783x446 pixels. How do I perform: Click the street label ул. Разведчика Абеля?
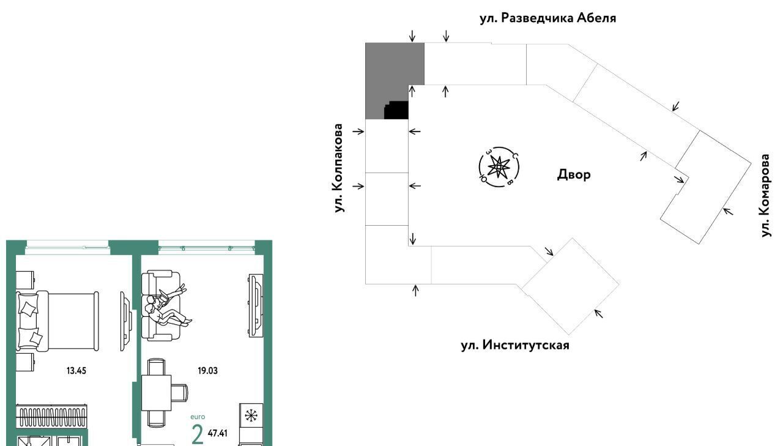[x=547, y=18]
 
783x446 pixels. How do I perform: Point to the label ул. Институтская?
[x=514, y=345]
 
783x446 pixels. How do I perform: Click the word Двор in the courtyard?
[x=574, y=174]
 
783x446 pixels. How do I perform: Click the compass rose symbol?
[x=499, y=166]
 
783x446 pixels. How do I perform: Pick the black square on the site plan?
[x=396, y=110]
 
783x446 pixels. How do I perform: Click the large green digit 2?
[x=197, y=434]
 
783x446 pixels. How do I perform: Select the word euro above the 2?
[x=197, y=417]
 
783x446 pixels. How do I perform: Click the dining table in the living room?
[x=161, y=392]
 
